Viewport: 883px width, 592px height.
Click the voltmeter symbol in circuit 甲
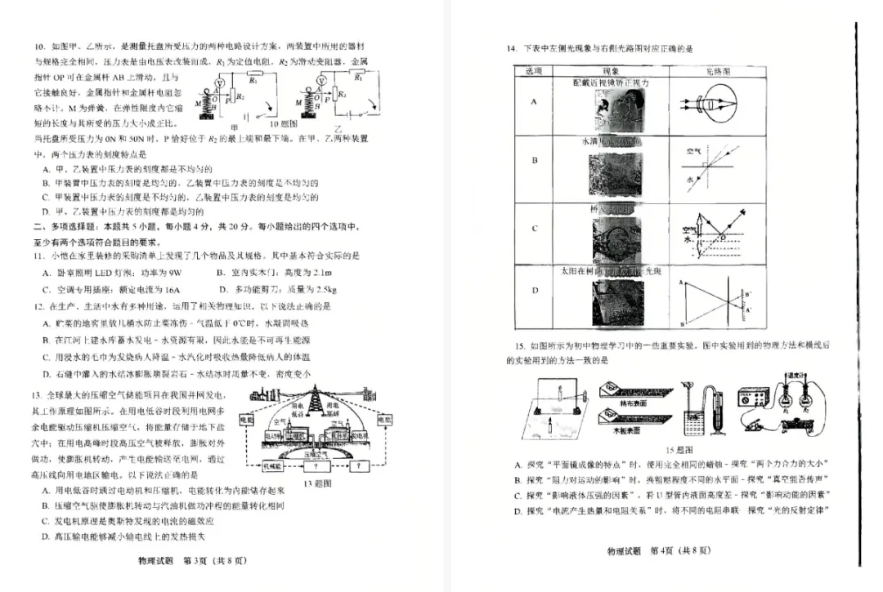point(218,84)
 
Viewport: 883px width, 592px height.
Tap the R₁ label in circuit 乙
point(358,78)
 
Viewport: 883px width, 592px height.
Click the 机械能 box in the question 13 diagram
point(273,465)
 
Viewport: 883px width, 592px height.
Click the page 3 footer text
point(192,561)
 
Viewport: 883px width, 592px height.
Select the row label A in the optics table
point(535,101)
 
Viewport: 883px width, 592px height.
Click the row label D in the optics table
point(535,290)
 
